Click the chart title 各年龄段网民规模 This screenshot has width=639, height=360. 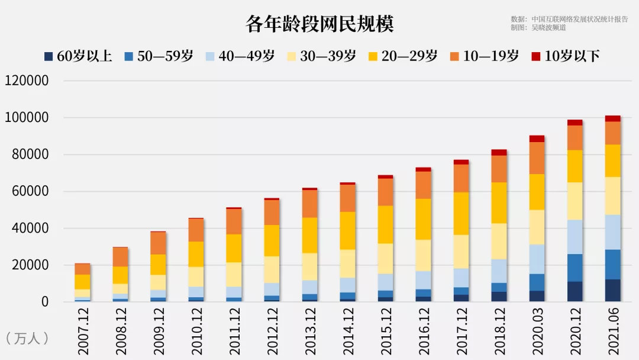(319, 24)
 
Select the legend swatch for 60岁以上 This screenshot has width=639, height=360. (49, 57)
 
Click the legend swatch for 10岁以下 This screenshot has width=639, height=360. (536, 57)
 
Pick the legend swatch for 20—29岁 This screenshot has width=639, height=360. (373, 57)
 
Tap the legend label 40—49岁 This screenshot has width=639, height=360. (247, 56)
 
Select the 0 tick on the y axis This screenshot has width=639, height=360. (44, 302)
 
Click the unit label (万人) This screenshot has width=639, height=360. (27, 339)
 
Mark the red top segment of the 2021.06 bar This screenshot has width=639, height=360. (613, 118)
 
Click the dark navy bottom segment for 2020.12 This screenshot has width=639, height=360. (575, 291)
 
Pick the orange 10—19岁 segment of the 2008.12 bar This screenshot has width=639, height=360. (121, 257)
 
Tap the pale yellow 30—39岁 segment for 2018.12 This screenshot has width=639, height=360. (499, 241)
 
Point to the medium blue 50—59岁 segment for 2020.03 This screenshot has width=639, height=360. (537, 282)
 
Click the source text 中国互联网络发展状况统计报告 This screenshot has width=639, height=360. (580, 19)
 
